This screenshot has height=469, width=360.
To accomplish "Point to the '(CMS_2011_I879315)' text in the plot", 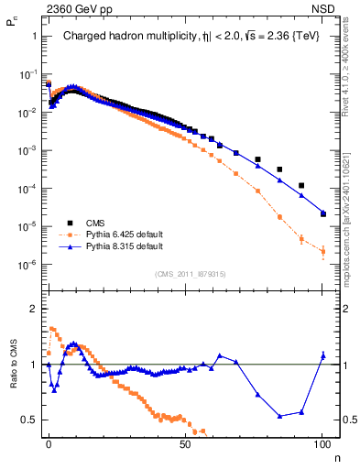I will [x=191, y=273].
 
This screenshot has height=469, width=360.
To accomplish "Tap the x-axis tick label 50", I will [x=185, y=442].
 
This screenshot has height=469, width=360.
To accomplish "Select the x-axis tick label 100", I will [x=322, y=442].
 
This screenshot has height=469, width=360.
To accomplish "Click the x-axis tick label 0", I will [x=49, y=442].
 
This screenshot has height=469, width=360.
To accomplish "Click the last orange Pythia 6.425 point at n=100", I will [x=322, y=251].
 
